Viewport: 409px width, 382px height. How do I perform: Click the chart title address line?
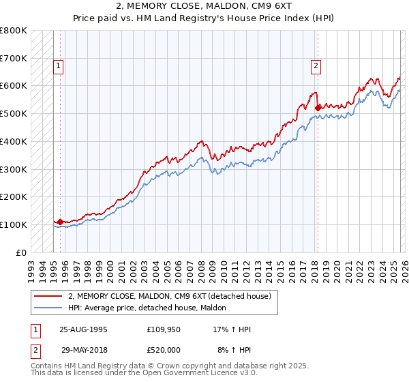[x=204, y=6]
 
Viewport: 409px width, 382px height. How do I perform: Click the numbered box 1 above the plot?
[x=59, y=66]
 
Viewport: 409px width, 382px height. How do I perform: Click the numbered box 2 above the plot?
[x=316, y=66]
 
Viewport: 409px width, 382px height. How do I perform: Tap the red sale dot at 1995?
[x=60, y=222]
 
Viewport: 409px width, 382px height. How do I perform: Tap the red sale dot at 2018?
[x=318, y=107]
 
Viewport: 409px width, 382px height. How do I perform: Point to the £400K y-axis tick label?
[x=14, y=141]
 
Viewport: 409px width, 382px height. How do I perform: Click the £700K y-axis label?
[x=14, y=58]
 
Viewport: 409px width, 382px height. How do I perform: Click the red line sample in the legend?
[x=48, y=296]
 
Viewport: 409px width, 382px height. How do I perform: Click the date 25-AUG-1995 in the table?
[x=83, y=329]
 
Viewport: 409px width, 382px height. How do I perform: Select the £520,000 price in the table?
[x=165, y=348]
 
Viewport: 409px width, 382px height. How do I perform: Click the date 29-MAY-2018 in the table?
[x=83, y=348]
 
